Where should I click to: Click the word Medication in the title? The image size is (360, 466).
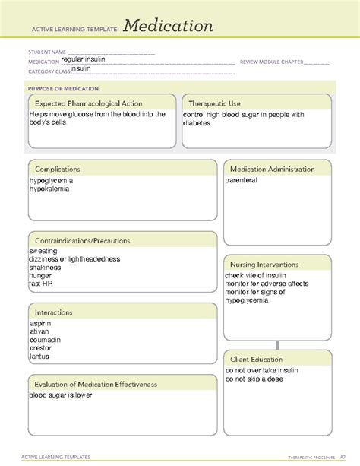tap(169, 27)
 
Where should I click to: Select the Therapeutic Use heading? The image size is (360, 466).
tap(215, 103)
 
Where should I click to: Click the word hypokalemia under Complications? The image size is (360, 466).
tap(49, 189)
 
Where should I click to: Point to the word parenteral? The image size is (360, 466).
tap(242, 181)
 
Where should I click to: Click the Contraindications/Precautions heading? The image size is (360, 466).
tap(83, 241)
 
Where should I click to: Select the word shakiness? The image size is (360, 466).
tap(46, 268)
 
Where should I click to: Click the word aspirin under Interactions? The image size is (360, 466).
tap(41, 323)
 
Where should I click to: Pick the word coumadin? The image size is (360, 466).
tap(45, 340)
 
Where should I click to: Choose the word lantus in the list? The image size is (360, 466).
tap(39, 356)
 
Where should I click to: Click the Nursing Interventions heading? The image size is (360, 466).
tap(264, 265)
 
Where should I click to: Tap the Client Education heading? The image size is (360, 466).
tap(257, 360)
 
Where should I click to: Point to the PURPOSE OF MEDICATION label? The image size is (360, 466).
tap(59, 88)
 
